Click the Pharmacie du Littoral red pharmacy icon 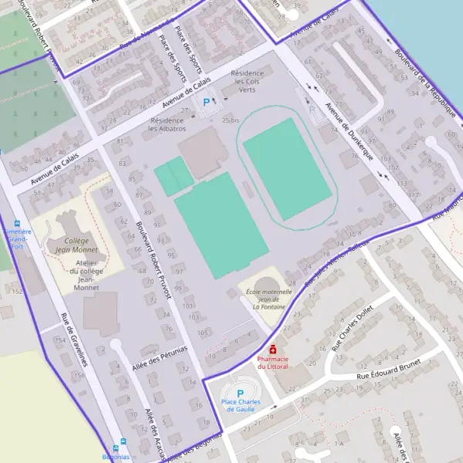click(273, 350)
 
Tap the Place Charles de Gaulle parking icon click(240, 393)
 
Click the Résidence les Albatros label click(167, 124)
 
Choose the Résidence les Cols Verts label click(247, 81)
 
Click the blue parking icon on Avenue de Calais click(205, 102)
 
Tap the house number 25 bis click(231, 120)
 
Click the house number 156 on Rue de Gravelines click(78, 374)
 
